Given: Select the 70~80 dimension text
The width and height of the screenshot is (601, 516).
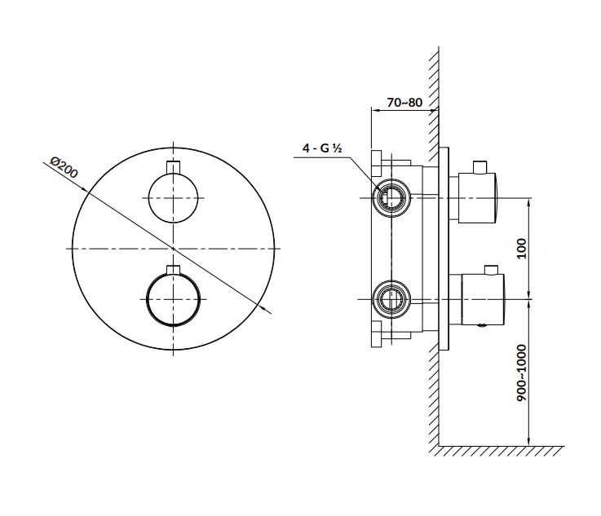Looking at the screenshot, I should pyautogui.click(x=404, y=103).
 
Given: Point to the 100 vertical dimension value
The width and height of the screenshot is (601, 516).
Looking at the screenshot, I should pyautogui.click(x=522, y=248).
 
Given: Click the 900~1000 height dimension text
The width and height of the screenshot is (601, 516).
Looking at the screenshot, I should pyautogui.click(x=522, y=372).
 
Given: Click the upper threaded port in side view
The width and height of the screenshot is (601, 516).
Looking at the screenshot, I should pyautogui.click(x=390, y=197).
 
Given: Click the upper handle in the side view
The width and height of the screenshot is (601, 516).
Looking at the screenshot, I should pyautogui.click(x=476, y=196).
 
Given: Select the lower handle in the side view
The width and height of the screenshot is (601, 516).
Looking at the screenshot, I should pyautogui.click(x=481, y=298).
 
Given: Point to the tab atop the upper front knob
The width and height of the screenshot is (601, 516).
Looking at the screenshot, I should pyautogui.click(x=172, y=168).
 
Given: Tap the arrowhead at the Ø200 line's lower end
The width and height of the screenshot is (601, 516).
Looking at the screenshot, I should pyautogui.click(x=269, y=309).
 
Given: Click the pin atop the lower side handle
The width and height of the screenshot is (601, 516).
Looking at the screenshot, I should pyautogui.click(x=489, y=270).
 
